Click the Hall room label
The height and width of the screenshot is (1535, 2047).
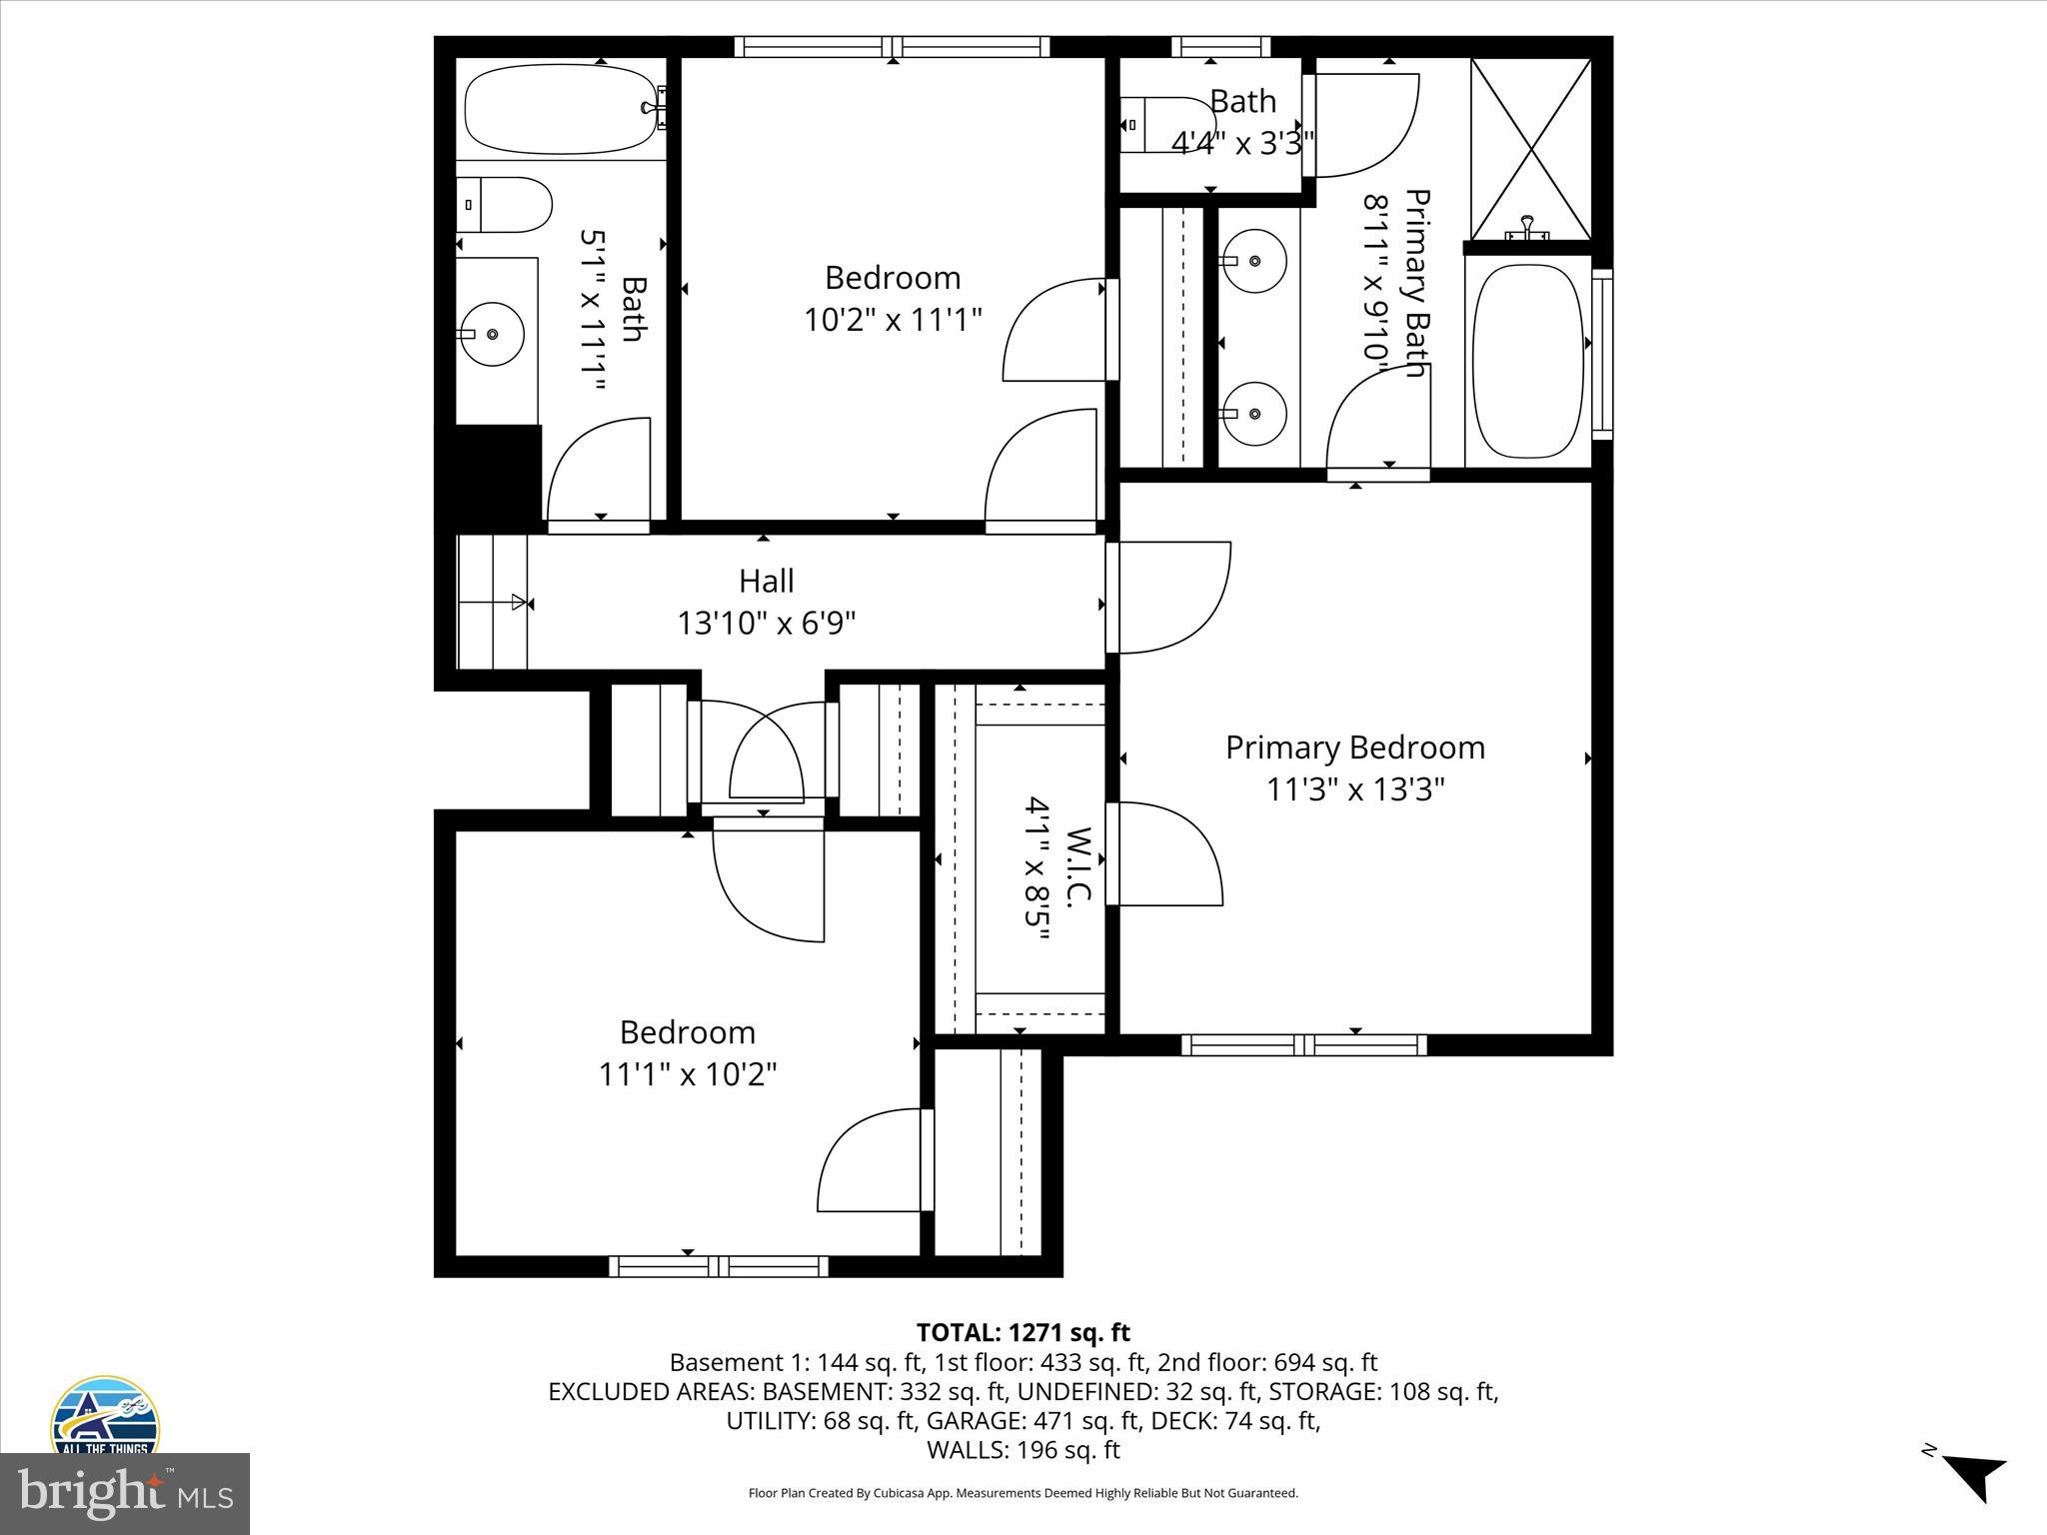(767, 581)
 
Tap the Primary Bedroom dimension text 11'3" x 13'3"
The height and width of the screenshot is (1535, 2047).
(1355, 789)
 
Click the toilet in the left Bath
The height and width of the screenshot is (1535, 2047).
(504, 205)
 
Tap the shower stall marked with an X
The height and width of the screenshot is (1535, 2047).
(1530, 148)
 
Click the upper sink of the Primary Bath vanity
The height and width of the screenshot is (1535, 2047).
(1254, 261)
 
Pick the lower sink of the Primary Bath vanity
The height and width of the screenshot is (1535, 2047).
(1254, 413)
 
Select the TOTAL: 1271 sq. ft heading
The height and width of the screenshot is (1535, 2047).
(1023, 1332)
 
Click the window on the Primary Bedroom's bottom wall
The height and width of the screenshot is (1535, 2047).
(1304, 1045)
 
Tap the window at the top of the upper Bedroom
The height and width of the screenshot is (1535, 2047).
(892, 47)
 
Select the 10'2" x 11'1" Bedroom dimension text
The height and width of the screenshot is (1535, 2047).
(893, 320)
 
